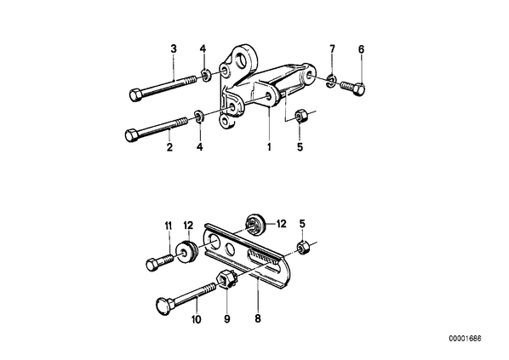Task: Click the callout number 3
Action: click(x=174, y=49)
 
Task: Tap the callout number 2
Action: click(x=169, y=147)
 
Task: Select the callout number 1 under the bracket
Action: click(x=269, y=147)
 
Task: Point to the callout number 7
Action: click(x=332, y=49)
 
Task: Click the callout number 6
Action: click(x=361, y=49)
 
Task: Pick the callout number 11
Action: click(x=169, y=226)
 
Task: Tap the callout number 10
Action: click(x=197, y=319)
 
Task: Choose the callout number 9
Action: click(x=227, y=319)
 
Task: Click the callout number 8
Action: click(x=258, y=319)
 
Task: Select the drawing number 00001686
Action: click(x=466, y=339)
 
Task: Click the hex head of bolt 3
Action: click(x=135, y=95)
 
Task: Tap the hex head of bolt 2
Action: click(x=131, y=135)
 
